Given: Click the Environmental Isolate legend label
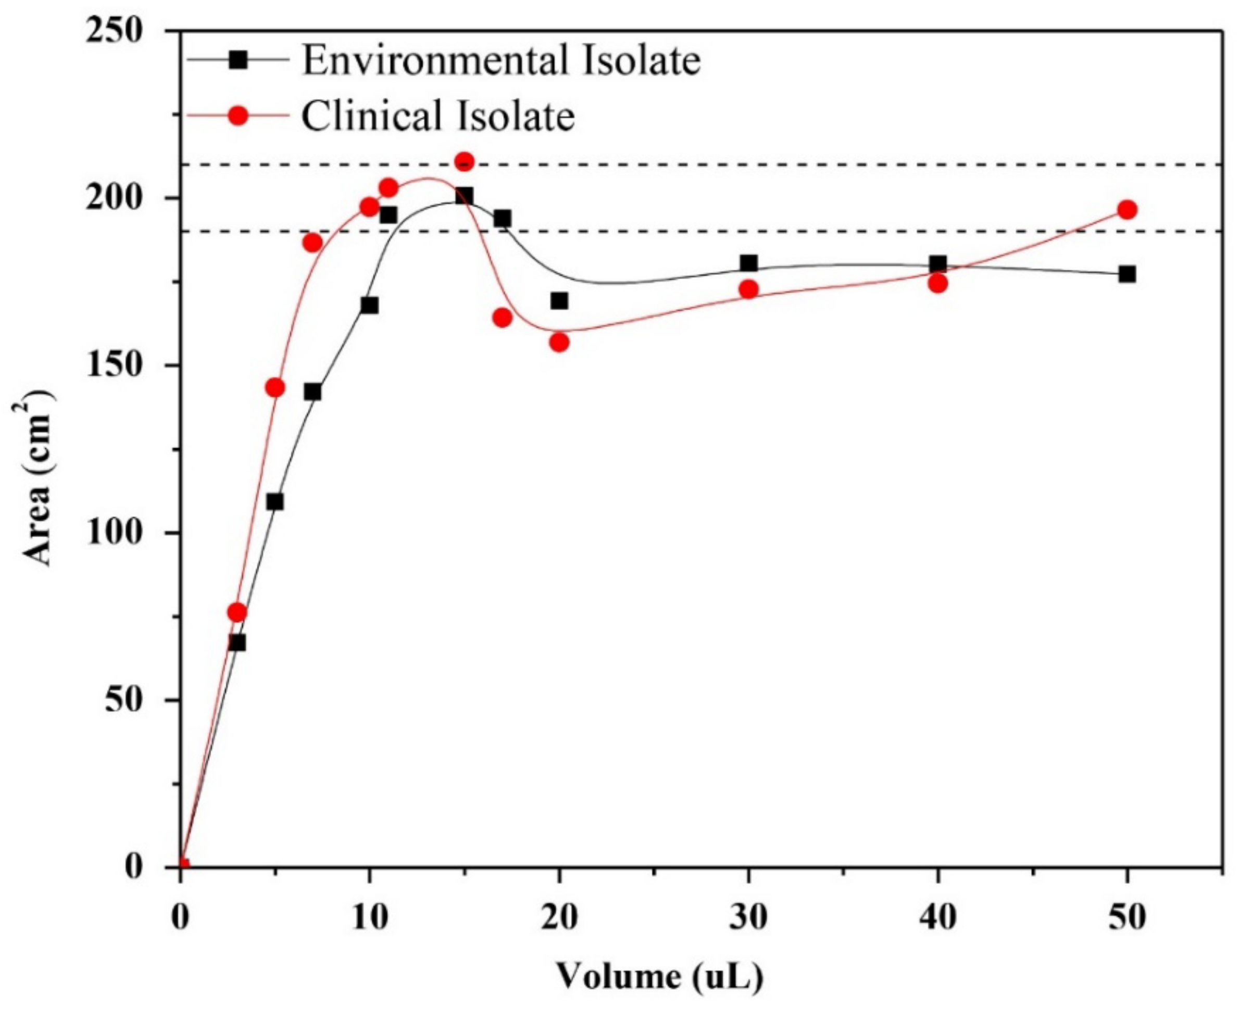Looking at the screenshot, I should (501, 60).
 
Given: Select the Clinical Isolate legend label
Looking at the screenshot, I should (437, 115).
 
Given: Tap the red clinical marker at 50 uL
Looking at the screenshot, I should (1127, 210).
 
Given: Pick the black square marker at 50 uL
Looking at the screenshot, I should (1127, 274).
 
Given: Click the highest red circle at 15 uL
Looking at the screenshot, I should (464, 161).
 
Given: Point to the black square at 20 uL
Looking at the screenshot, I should (559, 300).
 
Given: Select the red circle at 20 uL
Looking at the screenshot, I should (559, 343).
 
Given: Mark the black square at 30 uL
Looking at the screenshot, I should (749, 263).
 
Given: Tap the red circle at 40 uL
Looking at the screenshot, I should (938, 284).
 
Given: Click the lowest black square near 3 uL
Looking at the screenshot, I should (237, 643).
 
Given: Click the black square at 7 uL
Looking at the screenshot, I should (312, 392).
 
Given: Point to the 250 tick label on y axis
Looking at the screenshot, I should (114, 30).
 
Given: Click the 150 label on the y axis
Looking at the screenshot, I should (114, 365).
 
